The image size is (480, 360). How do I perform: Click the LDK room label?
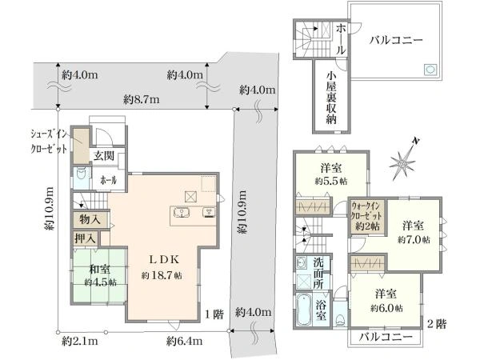pos(162,267)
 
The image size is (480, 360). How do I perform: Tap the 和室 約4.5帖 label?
pos(100,276)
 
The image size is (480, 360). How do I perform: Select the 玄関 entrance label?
pos(104,156)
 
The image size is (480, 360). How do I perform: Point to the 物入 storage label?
pos(90,219)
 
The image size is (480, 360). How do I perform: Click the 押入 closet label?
pos(86,238)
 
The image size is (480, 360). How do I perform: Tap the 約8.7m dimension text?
pos(141,99)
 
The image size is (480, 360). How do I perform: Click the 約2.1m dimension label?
pos(80,341)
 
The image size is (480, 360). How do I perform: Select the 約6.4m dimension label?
pos(184,341)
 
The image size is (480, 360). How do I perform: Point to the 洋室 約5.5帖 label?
pos(331,174)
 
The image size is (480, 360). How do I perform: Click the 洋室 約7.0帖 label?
pos(414,233)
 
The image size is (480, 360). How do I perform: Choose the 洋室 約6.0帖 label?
pos(386,301)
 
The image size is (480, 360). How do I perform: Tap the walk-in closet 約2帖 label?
pos(367,216)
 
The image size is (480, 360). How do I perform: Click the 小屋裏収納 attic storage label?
pos(331,98)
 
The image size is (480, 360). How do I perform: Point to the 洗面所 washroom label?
pos(318,273)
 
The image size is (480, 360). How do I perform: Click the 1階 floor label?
pos(214,314)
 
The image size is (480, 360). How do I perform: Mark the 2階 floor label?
pos(437,323)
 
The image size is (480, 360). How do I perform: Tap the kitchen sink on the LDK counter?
pos(182,212)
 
